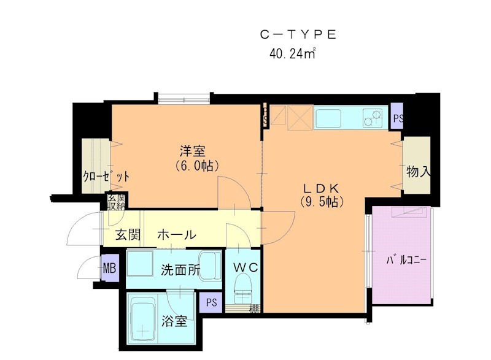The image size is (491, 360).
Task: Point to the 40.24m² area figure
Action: tap(292, 53)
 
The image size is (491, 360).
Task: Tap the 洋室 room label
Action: tap(192, 150)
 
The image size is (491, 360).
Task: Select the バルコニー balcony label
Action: tap(406, 261)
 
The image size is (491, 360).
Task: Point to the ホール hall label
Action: tap(177, 235)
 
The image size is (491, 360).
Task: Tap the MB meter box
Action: tap(109, 268)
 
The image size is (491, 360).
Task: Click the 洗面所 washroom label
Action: tap(180, 270)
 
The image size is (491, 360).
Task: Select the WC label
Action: tap(247, 267)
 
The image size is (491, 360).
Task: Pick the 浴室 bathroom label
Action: tap(175, 321)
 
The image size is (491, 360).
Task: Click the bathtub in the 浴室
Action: tap(142, 319)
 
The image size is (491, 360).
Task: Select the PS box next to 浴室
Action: tap(211, 303)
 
